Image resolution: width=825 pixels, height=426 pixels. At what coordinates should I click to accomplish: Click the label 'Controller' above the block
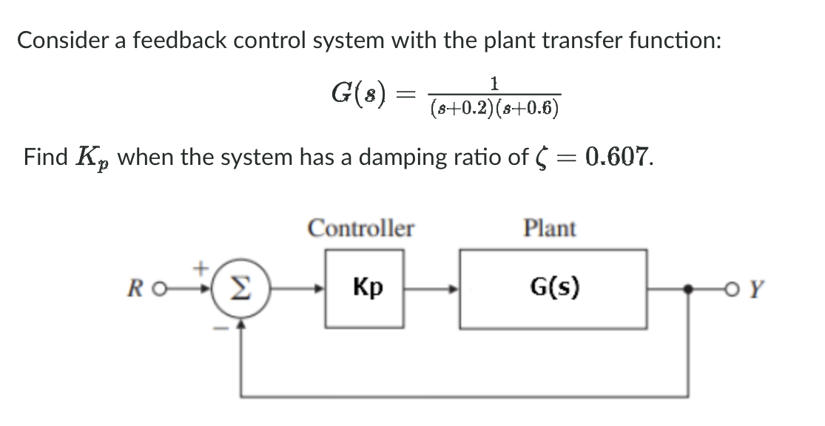[360, 229]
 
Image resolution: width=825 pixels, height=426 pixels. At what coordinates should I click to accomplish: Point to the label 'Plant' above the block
[549, 229]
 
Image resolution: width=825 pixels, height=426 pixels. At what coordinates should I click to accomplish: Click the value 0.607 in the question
[618, 156]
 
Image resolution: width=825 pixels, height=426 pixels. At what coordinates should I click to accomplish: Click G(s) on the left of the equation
[363, 93]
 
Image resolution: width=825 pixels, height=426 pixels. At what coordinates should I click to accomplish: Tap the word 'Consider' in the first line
[57, 40]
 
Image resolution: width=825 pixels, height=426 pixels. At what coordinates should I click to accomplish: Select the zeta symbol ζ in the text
[539, 158]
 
